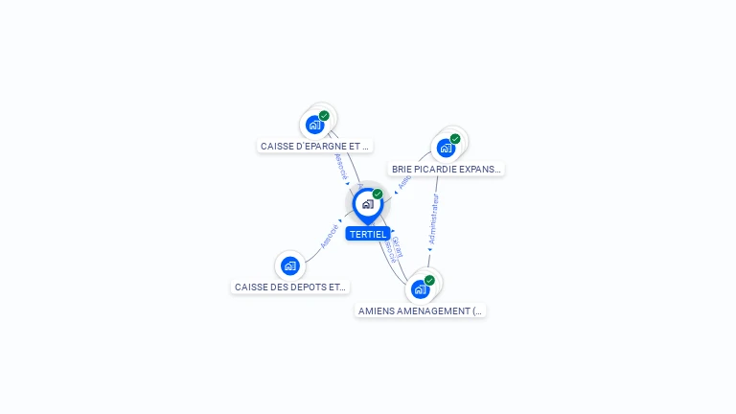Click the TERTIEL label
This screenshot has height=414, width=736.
pyautogui.click(x=368, y=235)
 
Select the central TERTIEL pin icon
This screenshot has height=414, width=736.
pyautogui.click(x=367, y=204)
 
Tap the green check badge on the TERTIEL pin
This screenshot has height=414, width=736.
pyautogui.click(x=378, y=195)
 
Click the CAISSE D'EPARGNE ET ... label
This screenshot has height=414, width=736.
pyautogui.click(x=314, y=147)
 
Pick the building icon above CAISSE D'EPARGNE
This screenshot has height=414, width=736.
pyautogui.click(x=314, y=125)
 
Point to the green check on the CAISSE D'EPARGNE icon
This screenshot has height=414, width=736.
pyautogui.click(x=324, y=116)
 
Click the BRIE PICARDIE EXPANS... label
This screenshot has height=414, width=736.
pyautogui.click(x=446, y=169)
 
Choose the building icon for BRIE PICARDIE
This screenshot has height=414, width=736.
pyautogui.click(x=446, y=148)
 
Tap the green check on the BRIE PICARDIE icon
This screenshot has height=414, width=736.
pyautogui.click(x=455, y=139)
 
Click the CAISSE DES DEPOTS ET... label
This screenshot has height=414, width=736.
pyautogui.click(x=289, y=287)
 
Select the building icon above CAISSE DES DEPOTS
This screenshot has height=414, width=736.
pyautogui.click(x=289, y=265)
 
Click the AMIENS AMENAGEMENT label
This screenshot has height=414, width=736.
pyautogui.click(x=421, y=310)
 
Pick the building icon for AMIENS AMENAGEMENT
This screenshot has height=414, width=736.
pyautogui.click(x=420, y=288)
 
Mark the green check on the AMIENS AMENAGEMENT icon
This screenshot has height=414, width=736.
pyautogui.click(x=429, y=281)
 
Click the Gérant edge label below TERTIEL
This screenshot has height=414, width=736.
pyautogui.click(x=397, y=245)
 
